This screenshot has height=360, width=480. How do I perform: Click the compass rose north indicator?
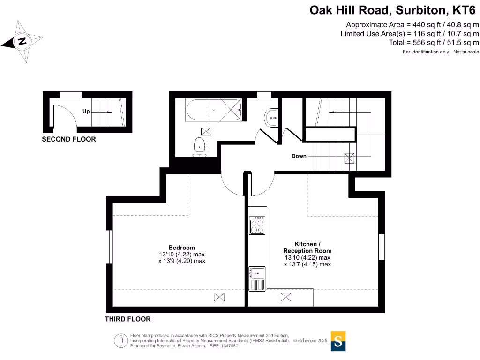point(22,42)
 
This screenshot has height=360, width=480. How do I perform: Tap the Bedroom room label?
point(182,247)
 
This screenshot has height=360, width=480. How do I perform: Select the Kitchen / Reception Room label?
point(307,247)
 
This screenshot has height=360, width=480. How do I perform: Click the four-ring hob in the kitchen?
point(257,225)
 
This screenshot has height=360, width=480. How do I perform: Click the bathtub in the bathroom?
point(213,110)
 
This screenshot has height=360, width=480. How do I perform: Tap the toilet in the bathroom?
point(199,146)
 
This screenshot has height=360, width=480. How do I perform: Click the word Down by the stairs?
point(299,156)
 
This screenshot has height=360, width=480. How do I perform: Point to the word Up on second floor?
point(86,112)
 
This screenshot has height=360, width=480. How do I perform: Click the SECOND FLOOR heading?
point(69,139)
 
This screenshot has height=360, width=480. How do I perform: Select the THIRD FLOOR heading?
point(127,319)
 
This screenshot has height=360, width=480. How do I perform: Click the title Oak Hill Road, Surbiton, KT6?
point(394,10)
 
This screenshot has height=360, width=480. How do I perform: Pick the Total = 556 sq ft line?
point(434,43)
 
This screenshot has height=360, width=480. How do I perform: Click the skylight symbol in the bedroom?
point(219,297)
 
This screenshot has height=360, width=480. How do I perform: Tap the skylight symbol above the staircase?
point(349,158)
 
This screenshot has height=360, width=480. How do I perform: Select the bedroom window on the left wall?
point(110,247)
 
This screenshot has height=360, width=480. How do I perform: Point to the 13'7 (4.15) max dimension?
point(307,264)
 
